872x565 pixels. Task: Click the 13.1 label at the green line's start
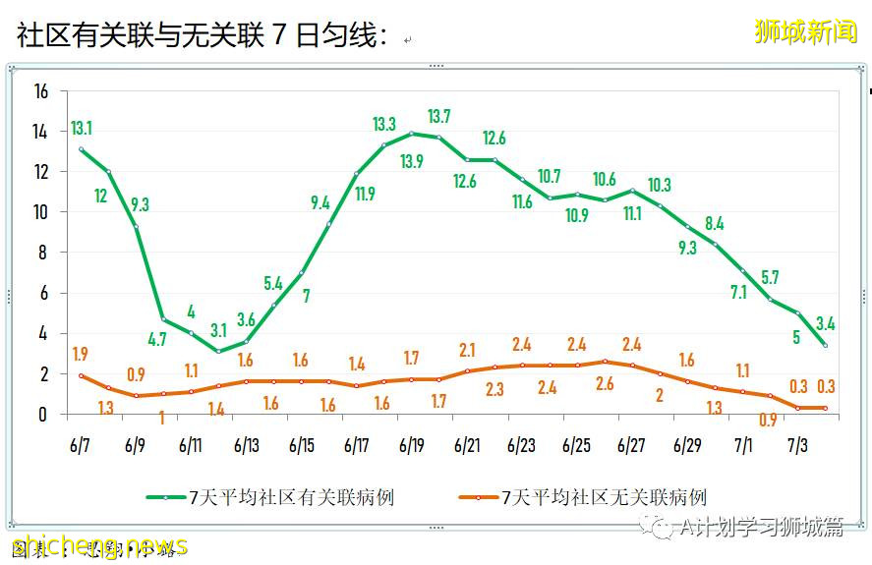82,129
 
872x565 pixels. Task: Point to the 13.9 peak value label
412,161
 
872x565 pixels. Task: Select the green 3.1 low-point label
218,330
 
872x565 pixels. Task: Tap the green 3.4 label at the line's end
826,323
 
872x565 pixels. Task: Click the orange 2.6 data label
605,384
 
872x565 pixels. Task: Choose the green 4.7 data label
156,340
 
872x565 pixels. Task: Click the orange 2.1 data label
467,350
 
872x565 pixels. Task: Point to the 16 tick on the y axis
40,91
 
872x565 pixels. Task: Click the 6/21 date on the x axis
467,445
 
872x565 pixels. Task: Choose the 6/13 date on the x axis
246,445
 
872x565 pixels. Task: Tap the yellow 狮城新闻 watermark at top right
805,31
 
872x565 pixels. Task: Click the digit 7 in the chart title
278,37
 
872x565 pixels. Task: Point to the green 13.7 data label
439,117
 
